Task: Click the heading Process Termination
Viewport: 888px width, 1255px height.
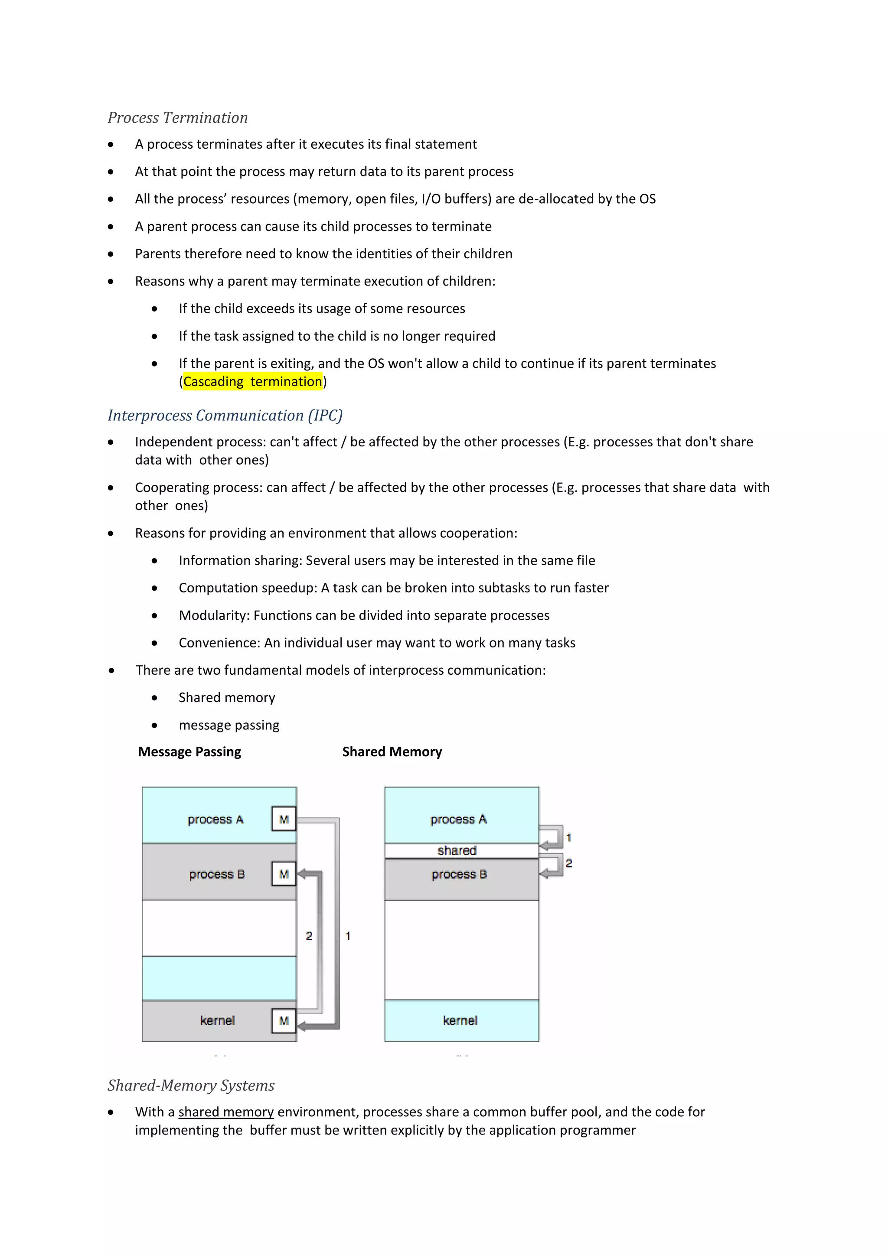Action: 177,117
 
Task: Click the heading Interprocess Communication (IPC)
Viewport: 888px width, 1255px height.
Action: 225,416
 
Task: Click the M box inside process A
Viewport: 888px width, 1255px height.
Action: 284,819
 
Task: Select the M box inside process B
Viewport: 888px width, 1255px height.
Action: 284,874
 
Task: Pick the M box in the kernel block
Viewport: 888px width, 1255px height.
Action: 284,1021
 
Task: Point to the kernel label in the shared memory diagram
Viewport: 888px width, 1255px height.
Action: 460,1021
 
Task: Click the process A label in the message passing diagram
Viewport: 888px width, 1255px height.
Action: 215,819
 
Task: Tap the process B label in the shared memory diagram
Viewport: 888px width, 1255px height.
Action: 459,875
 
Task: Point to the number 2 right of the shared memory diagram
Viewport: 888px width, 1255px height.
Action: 569,863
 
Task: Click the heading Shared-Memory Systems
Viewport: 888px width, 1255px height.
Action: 191,1086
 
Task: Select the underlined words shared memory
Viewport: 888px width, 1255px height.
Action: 226,1112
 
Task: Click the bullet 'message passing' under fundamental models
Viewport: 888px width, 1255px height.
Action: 229,725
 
